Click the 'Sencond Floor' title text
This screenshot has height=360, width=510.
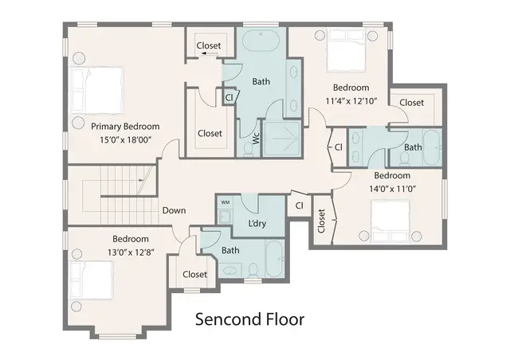(x=250, y=319)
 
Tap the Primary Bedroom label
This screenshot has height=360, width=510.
(x=125, y=127)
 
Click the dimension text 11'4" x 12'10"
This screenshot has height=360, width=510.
(x=351, y=101)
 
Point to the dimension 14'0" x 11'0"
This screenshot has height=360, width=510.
(x=391, y=190)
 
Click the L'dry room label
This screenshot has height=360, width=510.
(x=257, y=223)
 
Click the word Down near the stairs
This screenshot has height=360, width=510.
(x=175, y=211)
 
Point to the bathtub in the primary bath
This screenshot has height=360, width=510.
(x=261, y=43)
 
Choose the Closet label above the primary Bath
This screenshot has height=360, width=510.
(x=209, y=46)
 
